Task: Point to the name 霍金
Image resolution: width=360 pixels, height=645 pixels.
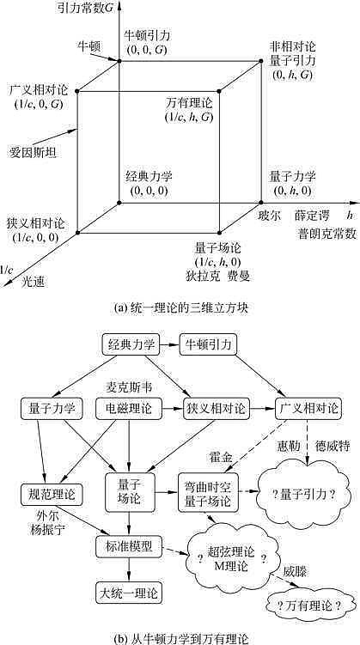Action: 222,453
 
